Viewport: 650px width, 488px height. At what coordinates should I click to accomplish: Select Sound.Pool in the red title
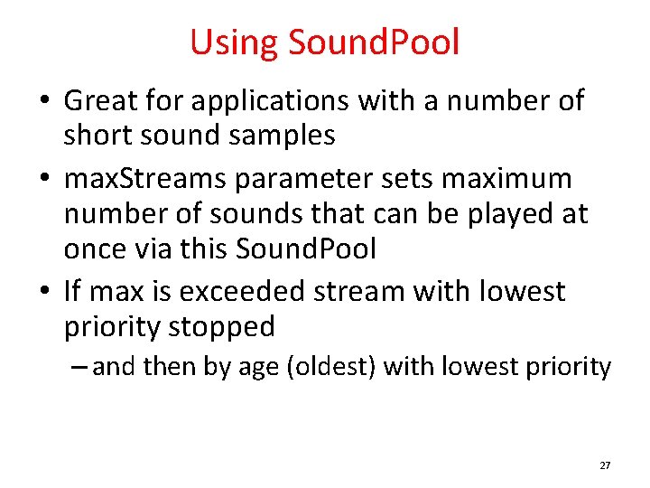374,42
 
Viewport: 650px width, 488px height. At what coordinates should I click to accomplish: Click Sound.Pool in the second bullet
305,249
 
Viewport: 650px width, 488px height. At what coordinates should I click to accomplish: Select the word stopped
221,327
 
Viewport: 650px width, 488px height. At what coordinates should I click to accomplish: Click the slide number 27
605,465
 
